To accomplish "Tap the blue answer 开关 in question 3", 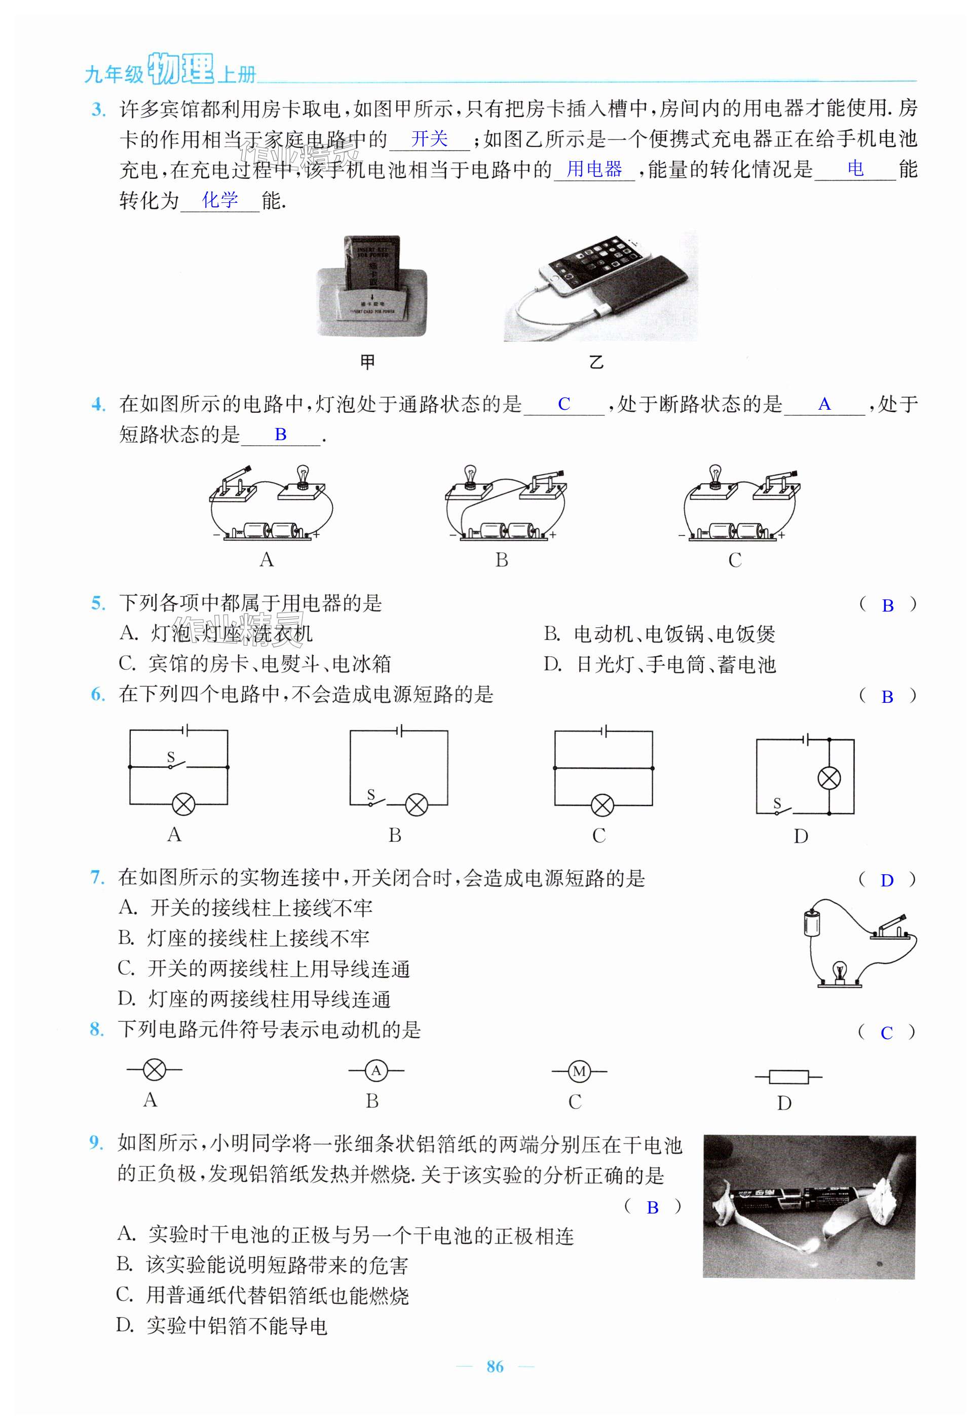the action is coord(429,139).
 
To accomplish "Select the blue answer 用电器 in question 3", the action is coord(594,169).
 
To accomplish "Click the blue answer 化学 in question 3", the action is coord(220,200).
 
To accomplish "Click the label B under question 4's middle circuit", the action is coord(502,560).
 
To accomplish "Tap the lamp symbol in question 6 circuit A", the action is coord(182,804).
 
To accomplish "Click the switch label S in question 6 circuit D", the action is coord(777,802).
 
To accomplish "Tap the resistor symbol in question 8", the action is coord(788,1077).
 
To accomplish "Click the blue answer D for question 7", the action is coord(887,880).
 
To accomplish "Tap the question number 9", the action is coord(95,1143).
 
